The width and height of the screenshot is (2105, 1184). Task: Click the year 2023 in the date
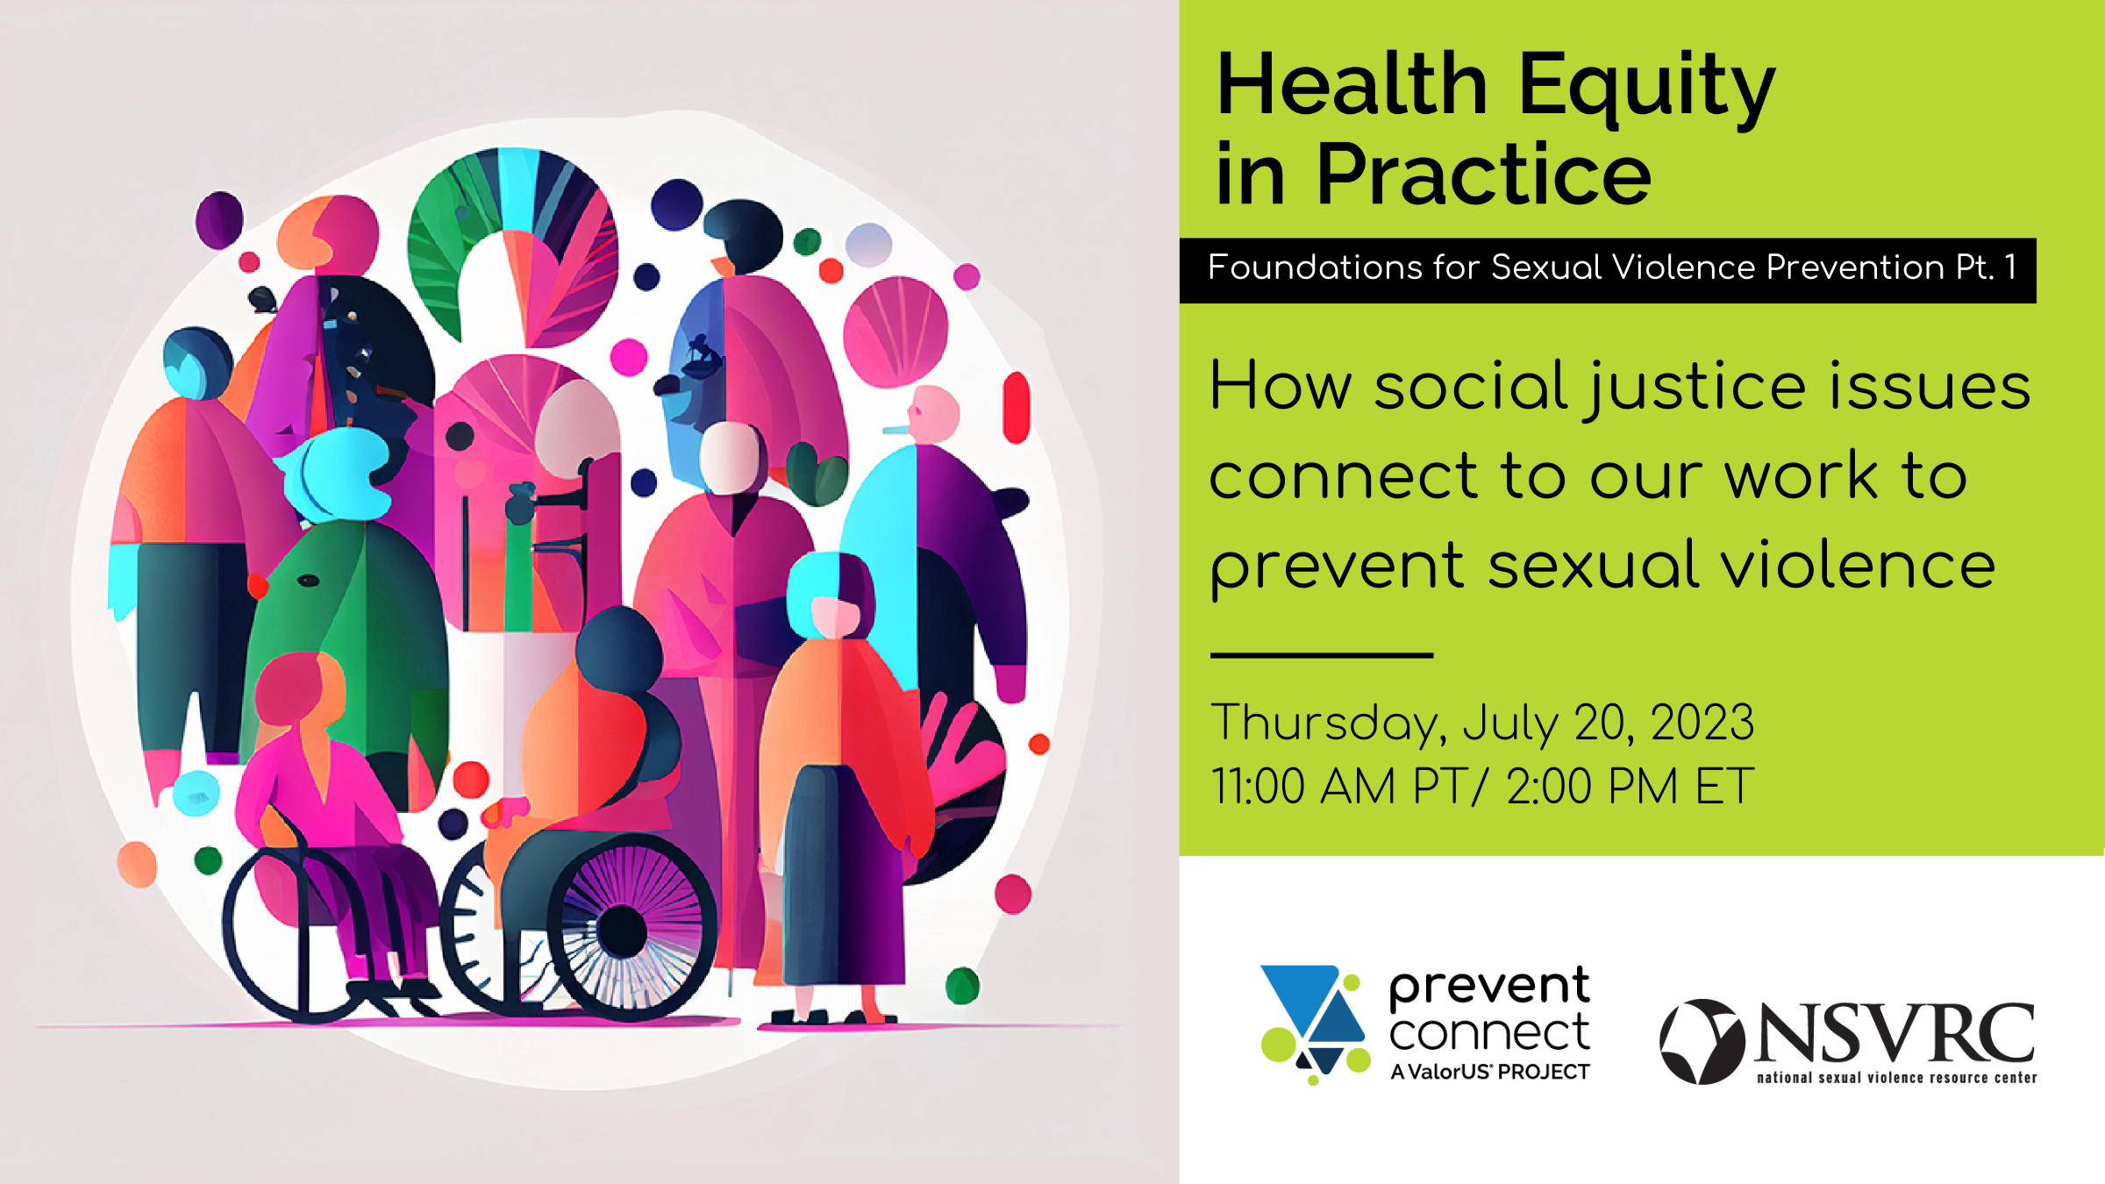pos(1702,724)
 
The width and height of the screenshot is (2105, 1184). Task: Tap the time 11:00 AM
pos(1302,786)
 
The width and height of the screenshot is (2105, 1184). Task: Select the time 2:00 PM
pos(1592,786)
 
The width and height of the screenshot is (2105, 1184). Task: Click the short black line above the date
pos(1322,655)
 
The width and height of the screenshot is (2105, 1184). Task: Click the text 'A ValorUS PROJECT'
pos(1489,1072)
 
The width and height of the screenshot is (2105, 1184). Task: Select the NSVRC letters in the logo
pos(1894,1033)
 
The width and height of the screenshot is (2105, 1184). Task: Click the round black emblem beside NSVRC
pos(1702,1042)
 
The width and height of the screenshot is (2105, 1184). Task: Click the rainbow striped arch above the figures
pos(513,228)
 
